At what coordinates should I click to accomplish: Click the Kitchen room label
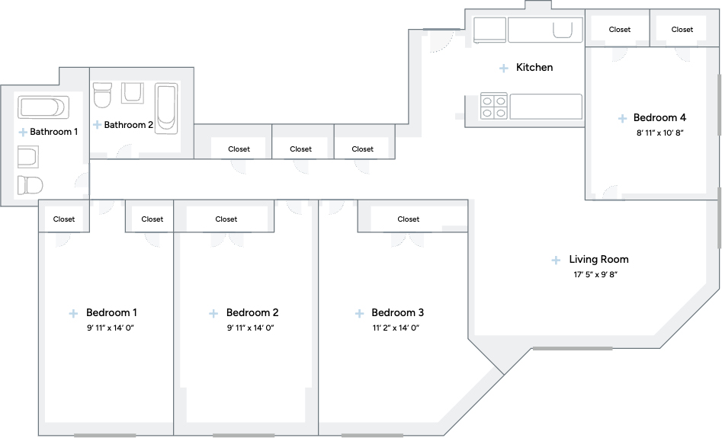tap(534, 67)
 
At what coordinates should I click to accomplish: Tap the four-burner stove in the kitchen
tap(493, 107)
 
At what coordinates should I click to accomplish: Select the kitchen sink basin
tap(563, 30)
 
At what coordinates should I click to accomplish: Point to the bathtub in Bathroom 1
tap(43, 107)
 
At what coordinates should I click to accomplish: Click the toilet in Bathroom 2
tap(102, 94)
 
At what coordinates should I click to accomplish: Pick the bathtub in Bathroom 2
tap(166, 109)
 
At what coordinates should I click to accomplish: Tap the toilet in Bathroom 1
tap(30, 185)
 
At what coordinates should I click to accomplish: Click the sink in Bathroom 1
tap(27, 157)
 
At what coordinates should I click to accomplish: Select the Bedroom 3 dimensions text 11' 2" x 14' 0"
tap(396, 328)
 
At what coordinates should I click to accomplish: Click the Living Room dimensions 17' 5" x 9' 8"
tap(595, 275)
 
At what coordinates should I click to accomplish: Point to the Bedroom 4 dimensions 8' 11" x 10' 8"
tap(659, 133)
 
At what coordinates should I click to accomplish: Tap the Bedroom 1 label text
tap(111, 313)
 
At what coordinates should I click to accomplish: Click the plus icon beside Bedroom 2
tap(213, 314)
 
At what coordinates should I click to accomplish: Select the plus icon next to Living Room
tap(556, 261)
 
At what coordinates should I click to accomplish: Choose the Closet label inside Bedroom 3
tap(409, 219)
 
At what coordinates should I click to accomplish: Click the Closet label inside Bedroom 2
tap(226, 219)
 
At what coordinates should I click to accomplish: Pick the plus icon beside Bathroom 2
tap(97, 125)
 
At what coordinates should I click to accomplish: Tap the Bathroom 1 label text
tap(54, 132)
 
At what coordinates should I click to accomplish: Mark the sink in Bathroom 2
tap(133, 93)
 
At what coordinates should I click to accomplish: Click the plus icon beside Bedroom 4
tap(622, 119)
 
